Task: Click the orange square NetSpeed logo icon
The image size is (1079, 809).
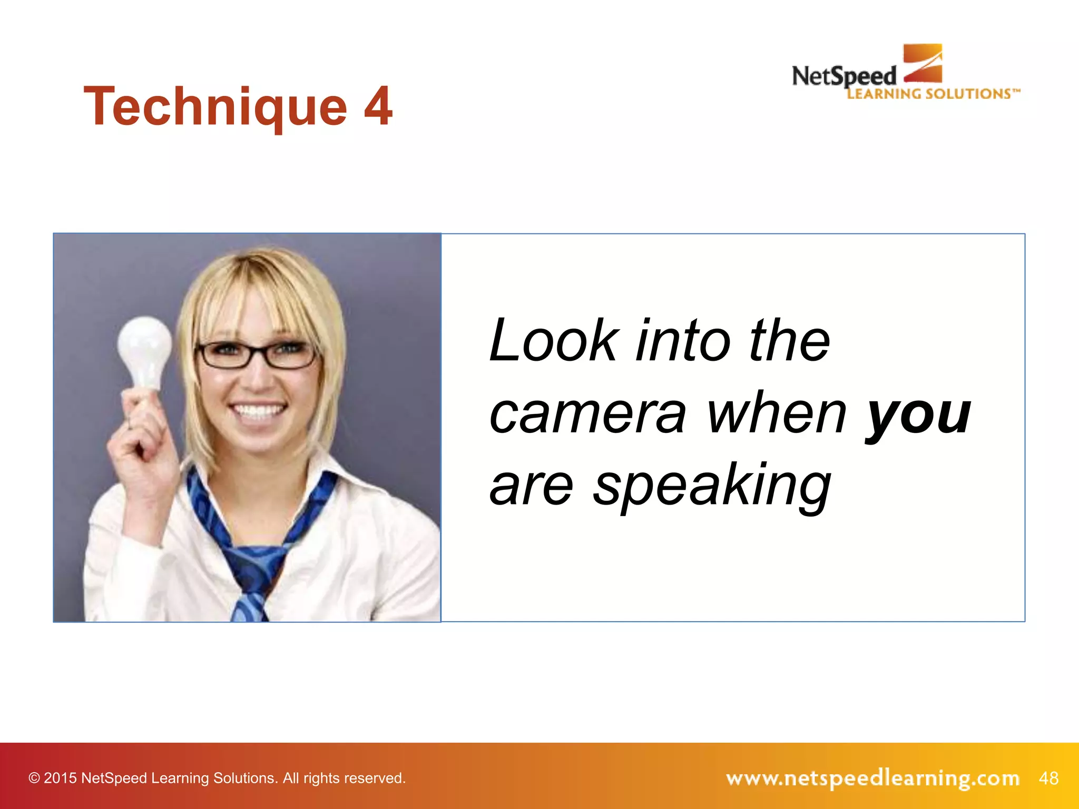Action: click(x=923, y=63)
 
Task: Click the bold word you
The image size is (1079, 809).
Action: click(x=918, y=416)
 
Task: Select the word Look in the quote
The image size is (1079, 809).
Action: click(x=553, y=341)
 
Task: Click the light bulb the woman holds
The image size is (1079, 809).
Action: click(x=144, y=350)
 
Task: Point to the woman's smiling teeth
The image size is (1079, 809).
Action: click(x=258, y=411)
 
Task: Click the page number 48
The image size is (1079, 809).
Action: click(x=1048, y=778)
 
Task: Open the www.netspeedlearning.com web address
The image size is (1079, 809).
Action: click(x=872, y=778)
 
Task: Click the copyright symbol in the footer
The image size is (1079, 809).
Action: click(x=34, y=778)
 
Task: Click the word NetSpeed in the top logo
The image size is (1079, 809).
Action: click(x=843, y=77)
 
